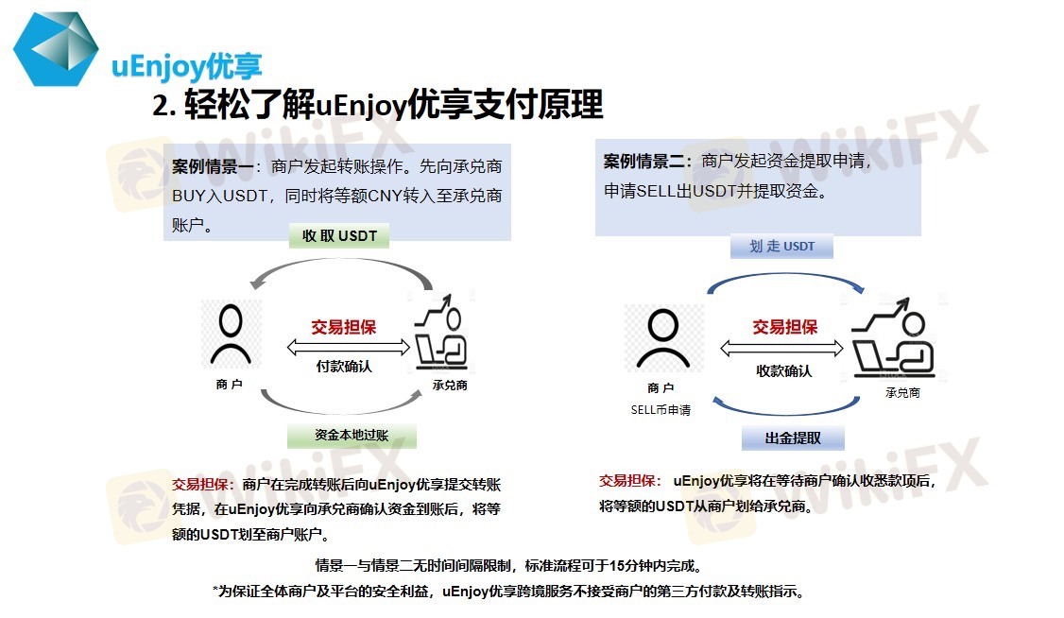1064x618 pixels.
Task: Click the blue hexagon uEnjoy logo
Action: (57, 49)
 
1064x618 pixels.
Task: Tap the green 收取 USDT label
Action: (339, 235)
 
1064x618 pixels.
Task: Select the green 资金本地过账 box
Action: (352, 436)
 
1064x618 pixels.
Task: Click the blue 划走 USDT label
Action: (781, 247)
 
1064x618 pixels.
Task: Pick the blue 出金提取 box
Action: (793, 438)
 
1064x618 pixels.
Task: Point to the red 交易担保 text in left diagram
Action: (343, 327)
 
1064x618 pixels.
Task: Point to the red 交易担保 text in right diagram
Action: (784, 327)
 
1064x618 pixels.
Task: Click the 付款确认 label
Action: (344, 367)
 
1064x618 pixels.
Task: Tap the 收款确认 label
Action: (783, 371)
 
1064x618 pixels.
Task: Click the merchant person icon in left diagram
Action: (231, 335)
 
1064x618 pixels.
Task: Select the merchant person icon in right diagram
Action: (663, 338)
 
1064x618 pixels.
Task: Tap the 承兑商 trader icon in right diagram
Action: (893, 338)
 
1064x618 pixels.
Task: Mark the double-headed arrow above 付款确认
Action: (348, 348)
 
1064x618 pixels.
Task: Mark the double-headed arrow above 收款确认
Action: (781, 349)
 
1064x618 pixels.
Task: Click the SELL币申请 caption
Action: (661, 410)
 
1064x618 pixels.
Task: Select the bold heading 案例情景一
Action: (213, 166)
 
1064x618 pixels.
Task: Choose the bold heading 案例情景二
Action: (644, 162)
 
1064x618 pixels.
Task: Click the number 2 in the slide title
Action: (160, 106)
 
